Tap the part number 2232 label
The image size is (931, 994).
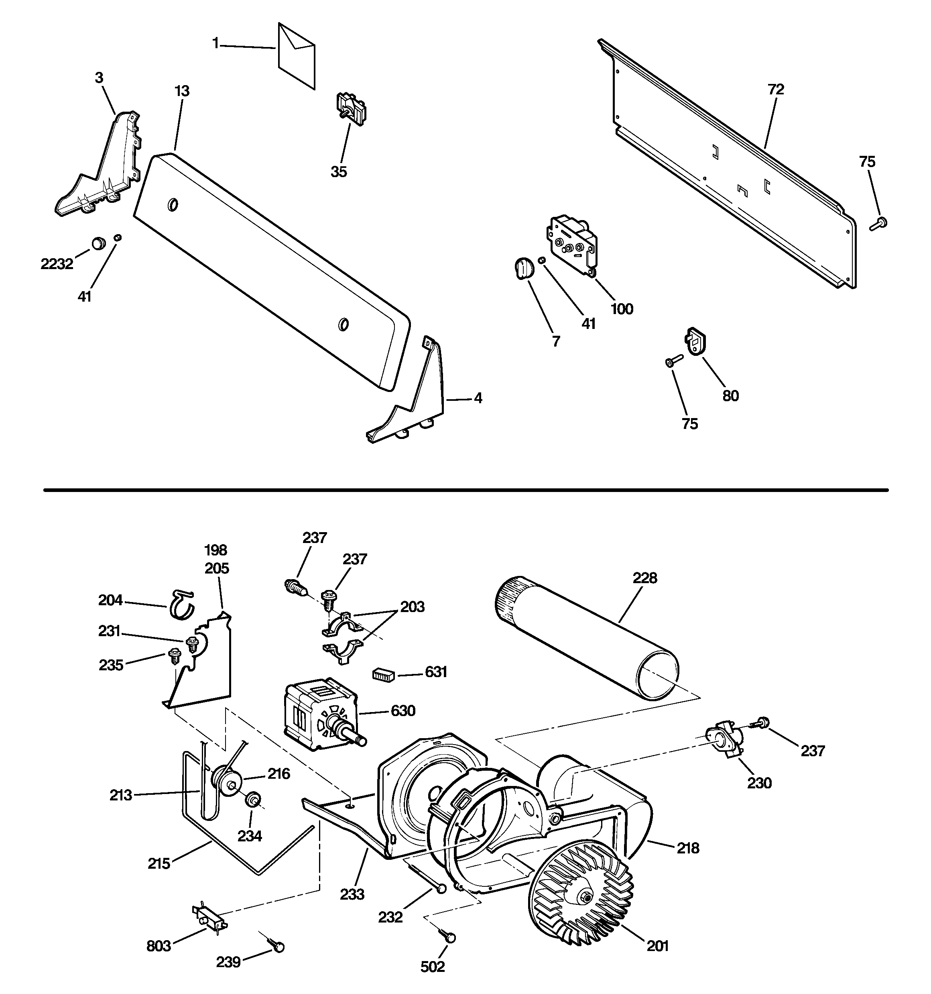coord(57,264)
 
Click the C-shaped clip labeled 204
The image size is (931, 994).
coord(181,604)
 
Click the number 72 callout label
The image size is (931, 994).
coord(776,90)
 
